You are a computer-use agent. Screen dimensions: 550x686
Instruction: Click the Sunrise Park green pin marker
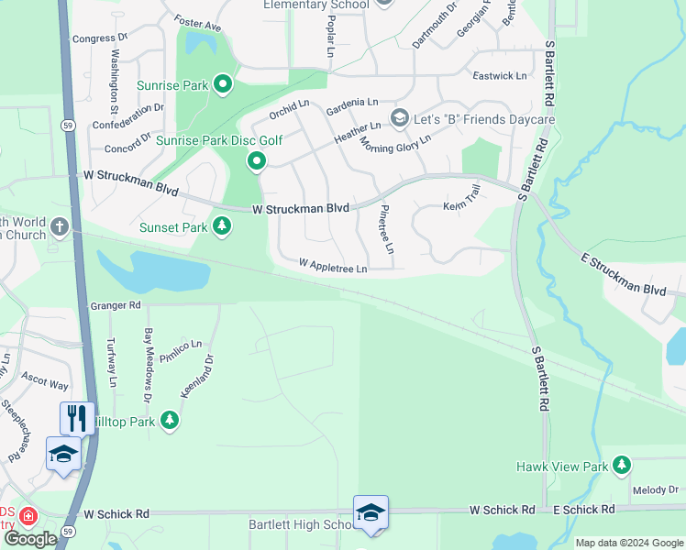coord(222,85)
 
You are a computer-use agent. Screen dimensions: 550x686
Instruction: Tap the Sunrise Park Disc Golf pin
coord(257,162)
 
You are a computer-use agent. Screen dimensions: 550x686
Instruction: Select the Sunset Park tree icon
coord(222,225)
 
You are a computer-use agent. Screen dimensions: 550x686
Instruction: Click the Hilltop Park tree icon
coord(169,420)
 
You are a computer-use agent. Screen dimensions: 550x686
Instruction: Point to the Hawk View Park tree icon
coord(623,466)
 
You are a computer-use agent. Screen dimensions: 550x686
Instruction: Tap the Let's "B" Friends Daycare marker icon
coord(399,118)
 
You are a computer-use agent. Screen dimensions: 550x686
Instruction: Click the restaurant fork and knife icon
coord(76,418)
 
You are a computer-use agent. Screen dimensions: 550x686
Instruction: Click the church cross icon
coord(61,225)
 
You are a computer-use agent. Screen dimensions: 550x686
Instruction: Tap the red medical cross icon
coord(28,517)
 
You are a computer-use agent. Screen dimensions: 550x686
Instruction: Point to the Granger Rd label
coord(116,304)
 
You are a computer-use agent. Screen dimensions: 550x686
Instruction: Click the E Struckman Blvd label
coord(624,274)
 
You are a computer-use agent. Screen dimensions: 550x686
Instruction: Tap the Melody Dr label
coord(654,491)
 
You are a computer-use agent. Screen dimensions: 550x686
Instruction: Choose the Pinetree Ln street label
coord(385,230)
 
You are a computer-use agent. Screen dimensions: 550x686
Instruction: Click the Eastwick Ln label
coord(500,76)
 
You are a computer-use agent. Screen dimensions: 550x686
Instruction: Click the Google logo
coord(30,539)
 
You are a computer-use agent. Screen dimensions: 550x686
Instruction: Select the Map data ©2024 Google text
coord(628,543)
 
